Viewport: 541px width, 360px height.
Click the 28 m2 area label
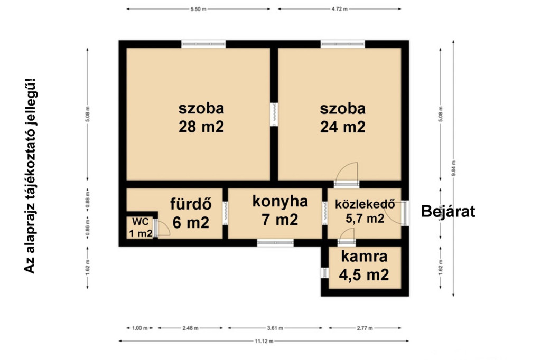[201, 127]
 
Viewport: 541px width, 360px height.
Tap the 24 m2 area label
[342, 127]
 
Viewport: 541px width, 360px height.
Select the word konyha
[280, 202]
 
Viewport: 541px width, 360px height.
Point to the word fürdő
[191, 203]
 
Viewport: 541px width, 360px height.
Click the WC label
[141, 221]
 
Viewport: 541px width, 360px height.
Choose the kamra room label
[364, 257]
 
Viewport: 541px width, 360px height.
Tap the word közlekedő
[365, 204]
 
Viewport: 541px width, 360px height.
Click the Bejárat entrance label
[448, 211]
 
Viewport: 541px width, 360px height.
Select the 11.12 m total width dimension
[264, 341]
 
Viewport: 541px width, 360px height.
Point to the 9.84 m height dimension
[454, 168]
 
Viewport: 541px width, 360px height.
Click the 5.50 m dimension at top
[199, 9]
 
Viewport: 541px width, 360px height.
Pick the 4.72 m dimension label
[340, 9]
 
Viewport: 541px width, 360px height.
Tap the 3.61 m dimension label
[275, 328]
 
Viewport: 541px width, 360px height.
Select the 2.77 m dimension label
[365, 328]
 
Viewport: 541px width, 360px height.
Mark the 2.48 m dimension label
[190, 328]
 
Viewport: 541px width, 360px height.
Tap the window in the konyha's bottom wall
[275, 243]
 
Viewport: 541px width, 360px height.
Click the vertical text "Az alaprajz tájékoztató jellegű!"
[30, 176]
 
